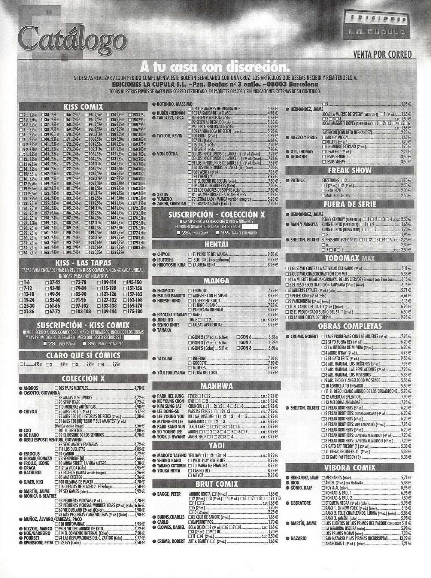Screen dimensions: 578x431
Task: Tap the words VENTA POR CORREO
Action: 382,55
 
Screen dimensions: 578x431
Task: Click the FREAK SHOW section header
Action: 349,171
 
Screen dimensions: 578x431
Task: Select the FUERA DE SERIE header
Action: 349,204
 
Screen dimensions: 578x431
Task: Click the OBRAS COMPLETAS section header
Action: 349,326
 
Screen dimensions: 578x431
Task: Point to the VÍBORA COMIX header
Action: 349,467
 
